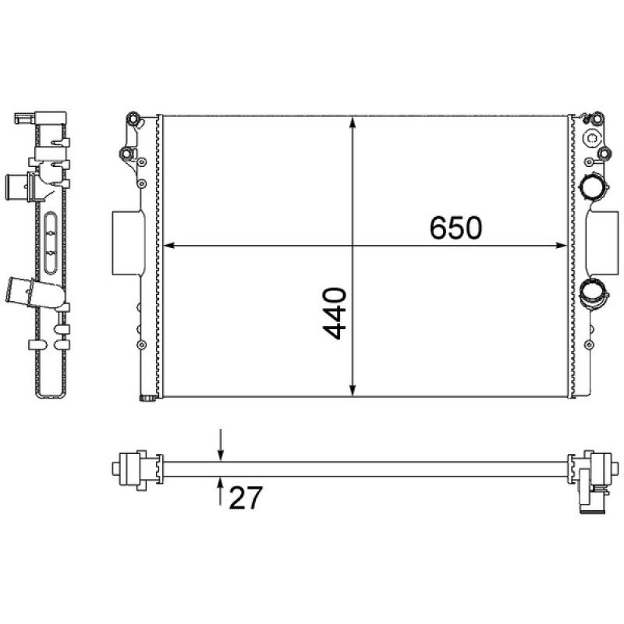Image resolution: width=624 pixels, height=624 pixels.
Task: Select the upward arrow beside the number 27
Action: [221, 491]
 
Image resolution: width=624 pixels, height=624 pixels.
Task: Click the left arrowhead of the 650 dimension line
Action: [165, 246]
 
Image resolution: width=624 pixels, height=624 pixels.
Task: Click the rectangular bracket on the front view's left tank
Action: [126, 243]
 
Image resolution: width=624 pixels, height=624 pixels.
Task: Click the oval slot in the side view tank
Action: [51, 242]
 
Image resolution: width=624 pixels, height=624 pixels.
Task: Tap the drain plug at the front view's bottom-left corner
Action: [145, 401]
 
